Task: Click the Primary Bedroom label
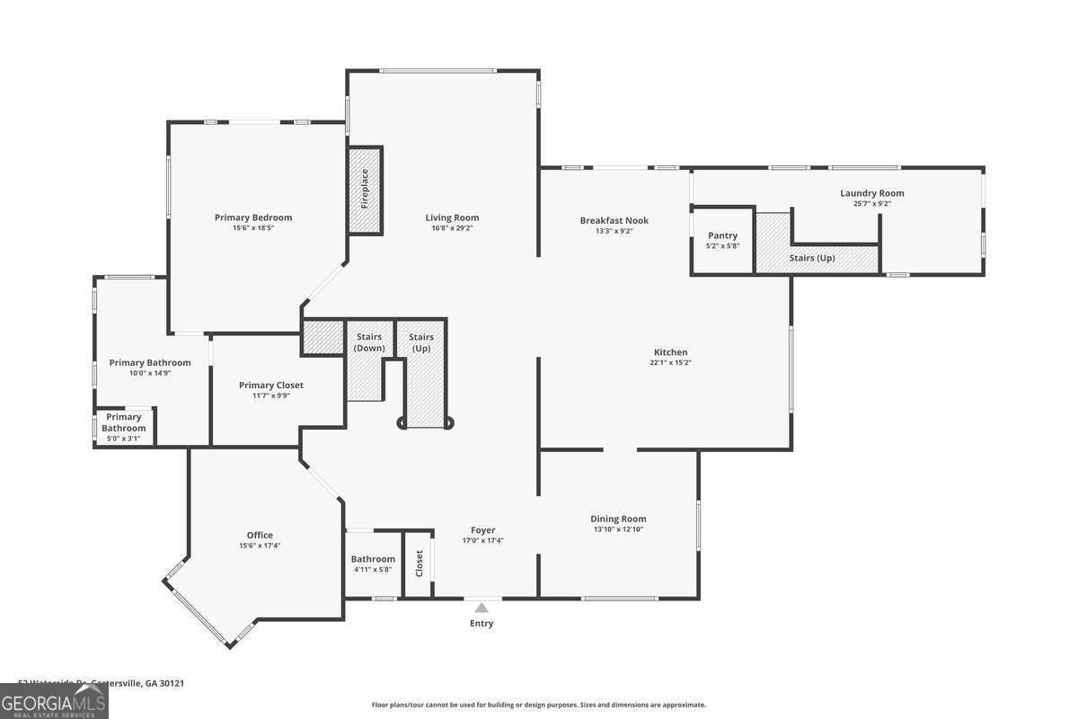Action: click(253, 217)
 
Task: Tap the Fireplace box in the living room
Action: click(365, 190)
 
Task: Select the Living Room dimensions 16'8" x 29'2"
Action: click(452, 228)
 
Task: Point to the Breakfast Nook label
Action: click(614, 220)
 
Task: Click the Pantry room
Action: click(722, 241)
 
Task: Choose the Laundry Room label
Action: click(871, 193)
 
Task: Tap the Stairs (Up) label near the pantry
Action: click(812, 258)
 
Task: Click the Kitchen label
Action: click(670, 352)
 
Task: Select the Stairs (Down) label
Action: click(369, 342)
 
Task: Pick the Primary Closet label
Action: click(270, 386)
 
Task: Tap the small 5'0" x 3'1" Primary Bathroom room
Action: click(124, 428)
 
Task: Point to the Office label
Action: click(260, 536)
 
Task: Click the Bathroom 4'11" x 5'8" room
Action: click(373, 564)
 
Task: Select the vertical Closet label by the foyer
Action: click(419, 564)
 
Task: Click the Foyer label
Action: click(482, 530)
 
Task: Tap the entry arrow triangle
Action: click(482, 608)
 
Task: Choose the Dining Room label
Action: click(618, 519)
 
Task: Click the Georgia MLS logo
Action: click(54, 702)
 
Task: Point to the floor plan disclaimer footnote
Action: click(538, 706)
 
